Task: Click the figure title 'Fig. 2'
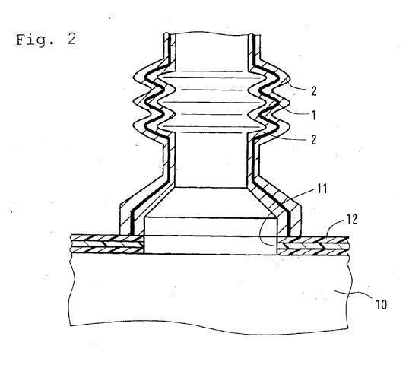pyautogui.click(x=46, y=40)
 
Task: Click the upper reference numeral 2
pyautogui.click(x=314, y=90)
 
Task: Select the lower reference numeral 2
pyautogui.click(x=314, y=140)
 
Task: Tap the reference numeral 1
pyautogui.click(x=314, y=116)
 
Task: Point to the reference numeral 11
pyautogui.click(x=322, y=189)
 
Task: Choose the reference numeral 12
pyautogui.click(x=351, y=220)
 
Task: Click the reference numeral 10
pyautogui.click(x=381, y=304)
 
